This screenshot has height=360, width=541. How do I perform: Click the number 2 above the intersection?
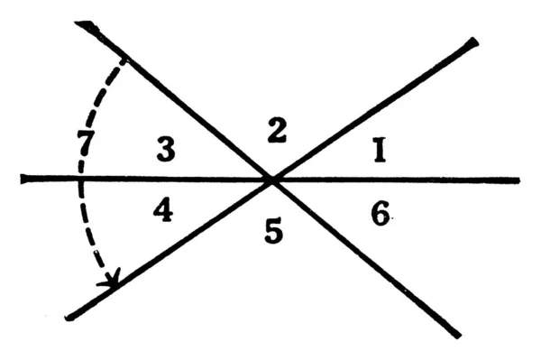[277, 132]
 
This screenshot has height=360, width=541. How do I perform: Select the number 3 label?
[165, 150]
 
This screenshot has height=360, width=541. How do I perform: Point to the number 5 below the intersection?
[274, 233]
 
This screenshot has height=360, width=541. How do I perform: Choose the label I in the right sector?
[380, 151]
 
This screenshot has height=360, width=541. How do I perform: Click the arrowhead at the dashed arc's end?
[112, 282]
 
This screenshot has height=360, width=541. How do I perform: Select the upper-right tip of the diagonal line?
[474, 42]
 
